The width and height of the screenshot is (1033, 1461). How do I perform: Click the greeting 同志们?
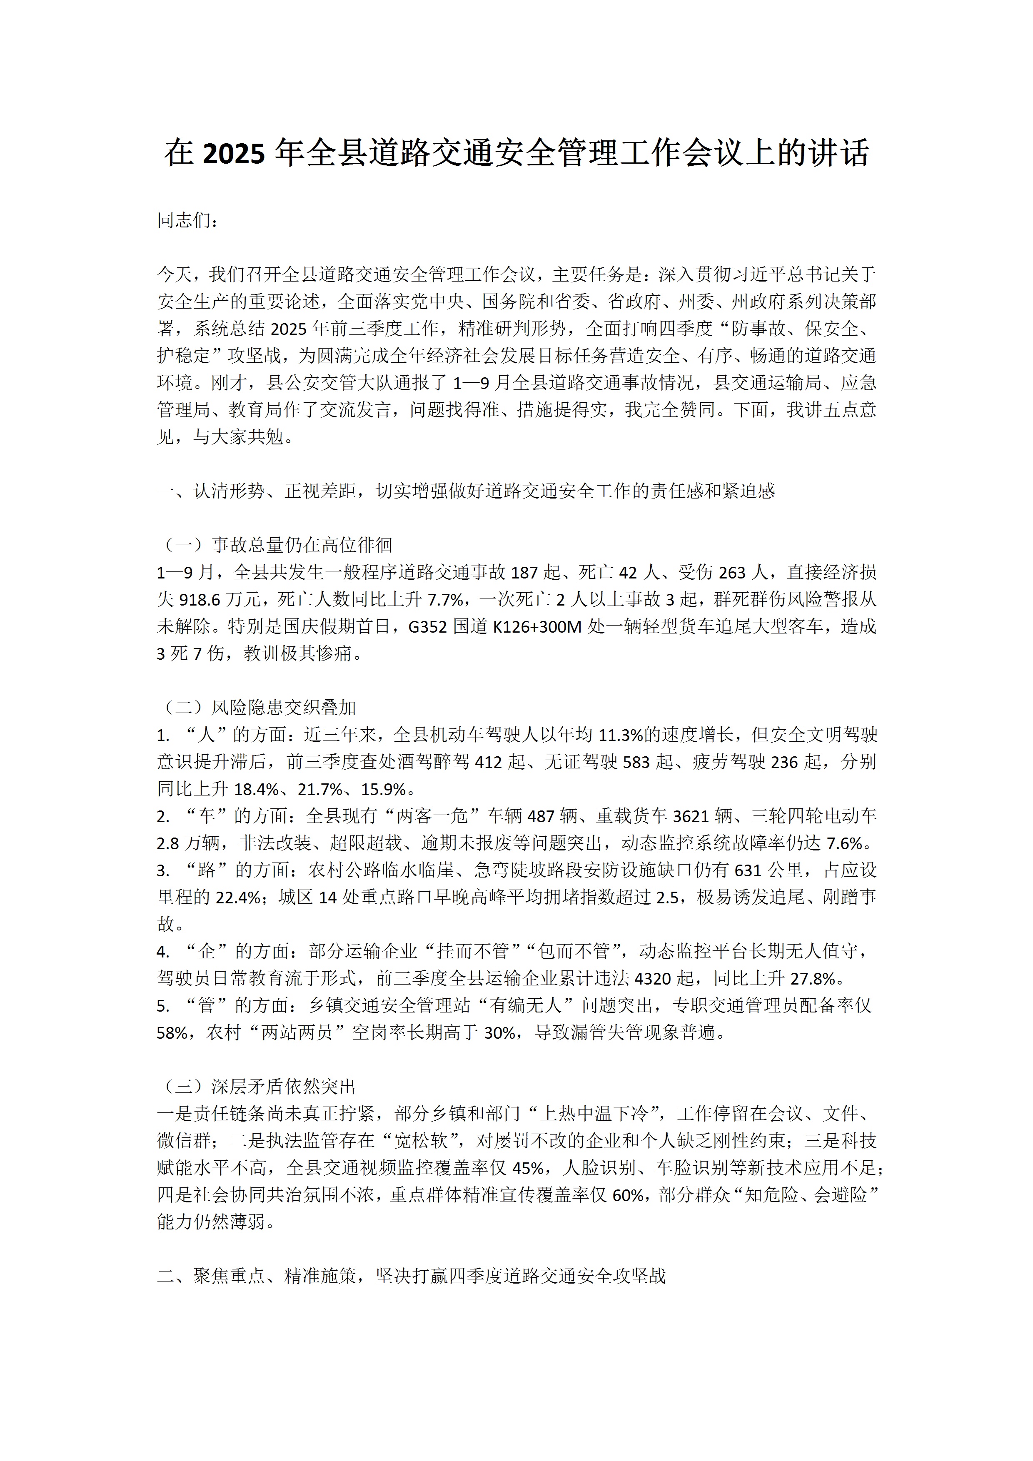coord(188,220)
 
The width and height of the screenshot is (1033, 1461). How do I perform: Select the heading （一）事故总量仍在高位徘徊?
coord(275,545)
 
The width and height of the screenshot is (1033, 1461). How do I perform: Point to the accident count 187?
coord(524,572)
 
